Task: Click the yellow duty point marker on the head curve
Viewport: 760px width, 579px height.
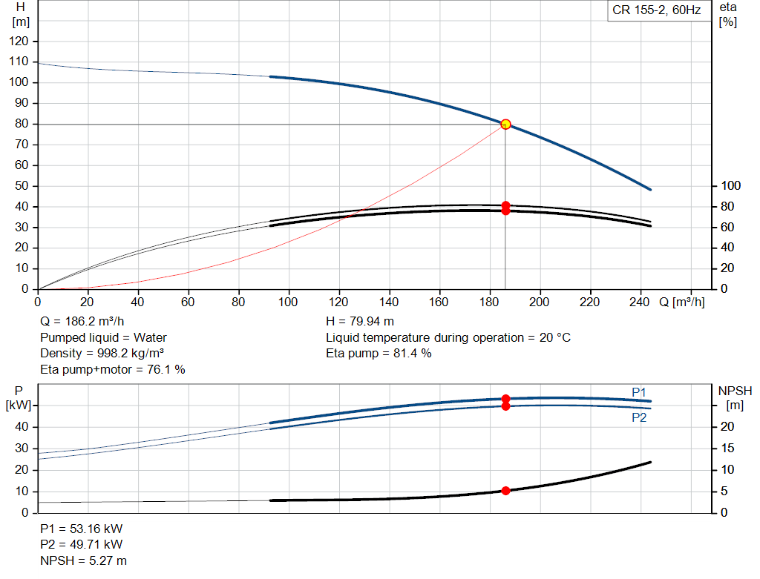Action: click(x=505, y=125)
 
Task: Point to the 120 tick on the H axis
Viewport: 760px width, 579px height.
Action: click(x=19, y=42)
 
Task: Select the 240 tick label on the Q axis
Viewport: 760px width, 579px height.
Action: click(x=639, y=302)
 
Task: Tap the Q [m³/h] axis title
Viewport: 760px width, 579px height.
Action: click(x=682, y=302)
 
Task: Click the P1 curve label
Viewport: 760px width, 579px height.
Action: click(x=639, y=392)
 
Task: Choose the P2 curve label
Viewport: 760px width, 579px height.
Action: click(x=639, y=417)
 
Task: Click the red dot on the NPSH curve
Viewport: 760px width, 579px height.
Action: click(x=505, y=491)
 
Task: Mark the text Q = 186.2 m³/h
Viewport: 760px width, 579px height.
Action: click(x=82, y=322)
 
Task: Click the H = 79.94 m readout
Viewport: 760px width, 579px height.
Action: click(x=360, y=322)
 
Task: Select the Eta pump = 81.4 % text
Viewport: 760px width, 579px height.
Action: click(x=379, y=354)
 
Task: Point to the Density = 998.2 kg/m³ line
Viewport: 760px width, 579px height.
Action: click(x=102, y=354)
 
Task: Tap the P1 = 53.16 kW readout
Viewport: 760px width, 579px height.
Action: click(x=82, y=529)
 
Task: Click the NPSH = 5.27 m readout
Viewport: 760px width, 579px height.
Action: click(x=83, y=560)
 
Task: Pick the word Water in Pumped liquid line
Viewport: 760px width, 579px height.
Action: click(x=150, y=337)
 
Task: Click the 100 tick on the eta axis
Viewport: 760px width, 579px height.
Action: click(x=730, y=186)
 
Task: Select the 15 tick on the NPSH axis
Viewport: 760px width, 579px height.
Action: click(x=727, y=449)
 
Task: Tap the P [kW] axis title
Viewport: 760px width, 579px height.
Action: click(x=19, y=398)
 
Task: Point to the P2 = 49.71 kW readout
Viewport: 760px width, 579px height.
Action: click(x=82, y=545)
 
